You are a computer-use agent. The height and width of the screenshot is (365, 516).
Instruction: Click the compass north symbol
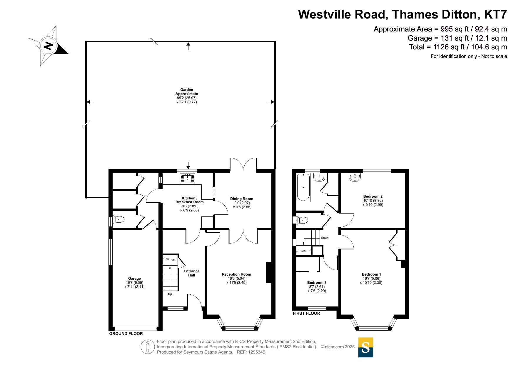[49, 46]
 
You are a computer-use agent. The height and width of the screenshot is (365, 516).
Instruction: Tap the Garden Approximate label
[187, 92]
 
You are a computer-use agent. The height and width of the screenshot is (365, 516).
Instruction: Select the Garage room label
[134, 279]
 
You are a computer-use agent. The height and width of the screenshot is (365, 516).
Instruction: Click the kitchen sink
[188, 179]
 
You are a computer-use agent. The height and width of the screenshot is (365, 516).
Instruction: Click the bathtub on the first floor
[303, 187]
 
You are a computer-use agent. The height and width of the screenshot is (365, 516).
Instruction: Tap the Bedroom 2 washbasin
[355, 177]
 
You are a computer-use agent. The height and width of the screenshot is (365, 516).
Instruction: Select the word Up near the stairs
[170, 294]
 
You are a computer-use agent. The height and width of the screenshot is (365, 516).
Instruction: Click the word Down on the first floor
[325, 238]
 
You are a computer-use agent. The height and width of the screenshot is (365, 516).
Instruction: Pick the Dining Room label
[242, 199]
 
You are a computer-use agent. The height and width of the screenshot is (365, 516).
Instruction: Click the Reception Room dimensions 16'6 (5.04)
[236, 279]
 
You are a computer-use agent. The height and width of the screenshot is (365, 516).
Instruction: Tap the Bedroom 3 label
[317, 283]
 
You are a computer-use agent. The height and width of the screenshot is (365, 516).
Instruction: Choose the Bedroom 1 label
[371, 274]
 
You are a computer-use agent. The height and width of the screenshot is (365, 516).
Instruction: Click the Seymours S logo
[366, 347]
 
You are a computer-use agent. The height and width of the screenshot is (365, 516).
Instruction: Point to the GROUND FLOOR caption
[126, 334]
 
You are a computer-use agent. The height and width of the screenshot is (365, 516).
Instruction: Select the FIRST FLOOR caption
[306, 313]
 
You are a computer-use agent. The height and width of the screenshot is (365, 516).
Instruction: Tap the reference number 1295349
[257, 352]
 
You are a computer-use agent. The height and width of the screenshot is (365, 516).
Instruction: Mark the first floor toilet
[302, 220]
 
